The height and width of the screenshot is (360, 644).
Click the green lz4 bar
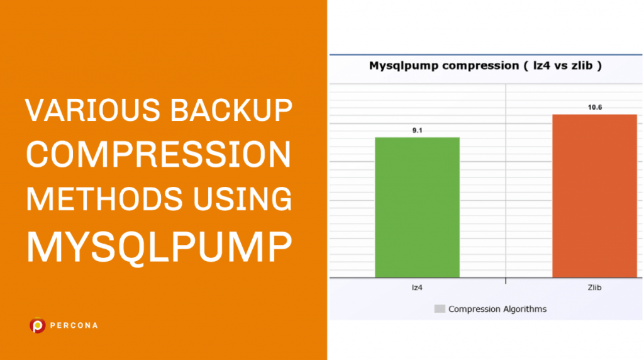[417, 207]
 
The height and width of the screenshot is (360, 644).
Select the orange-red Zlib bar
[594, 196]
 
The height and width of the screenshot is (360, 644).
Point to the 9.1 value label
[417, 130]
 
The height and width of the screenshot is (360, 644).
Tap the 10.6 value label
[595, 108]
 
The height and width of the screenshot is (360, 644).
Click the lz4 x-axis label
[417, 288]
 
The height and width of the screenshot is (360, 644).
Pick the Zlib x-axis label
[594, 288]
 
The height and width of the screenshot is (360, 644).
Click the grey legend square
[440, 309]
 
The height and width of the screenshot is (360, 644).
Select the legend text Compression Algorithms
[497, 309]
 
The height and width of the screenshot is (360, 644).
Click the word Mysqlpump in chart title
[398, 65]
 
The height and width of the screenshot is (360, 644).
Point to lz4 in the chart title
[540, 65]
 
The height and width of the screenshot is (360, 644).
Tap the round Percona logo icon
[38, 325]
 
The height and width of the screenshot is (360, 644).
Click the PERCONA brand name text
[75, 325]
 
